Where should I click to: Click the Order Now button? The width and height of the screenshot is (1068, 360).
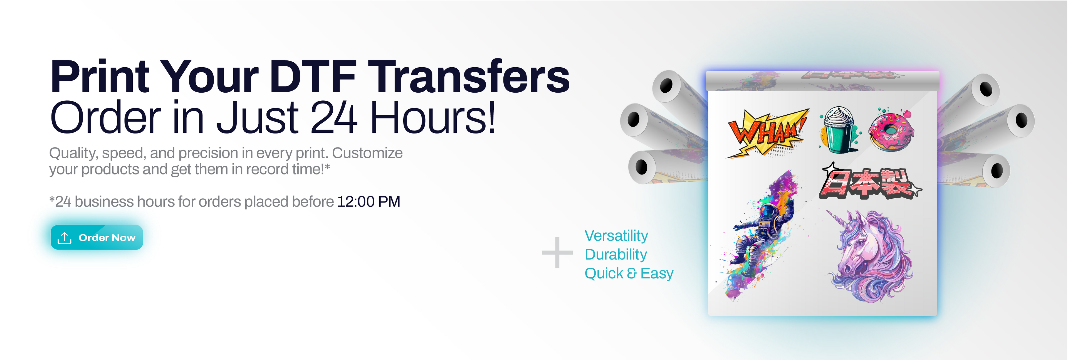tap(97, 238)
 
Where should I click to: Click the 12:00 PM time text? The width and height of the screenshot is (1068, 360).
tap(369, 202)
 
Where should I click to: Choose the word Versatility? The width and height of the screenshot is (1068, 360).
tap(616, 236)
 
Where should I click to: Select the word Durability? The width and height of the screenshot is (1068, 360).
tap(616, 254)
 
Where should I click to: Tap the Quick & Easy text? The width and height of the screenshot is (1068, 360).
tap(629, 273)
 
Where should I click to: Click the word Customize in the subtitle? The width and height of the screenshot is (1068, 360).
tap(367, 153)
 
